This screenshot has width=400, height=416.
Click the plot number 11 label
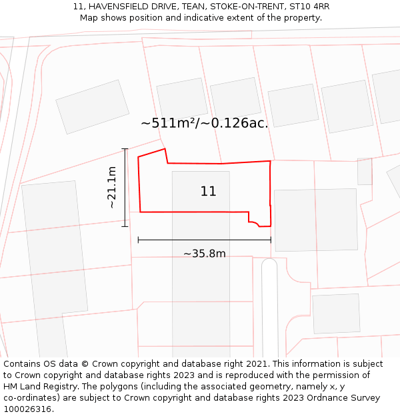tap(208, 192)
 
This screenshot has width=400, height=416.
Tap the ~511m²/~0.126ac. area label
tap(204, 123)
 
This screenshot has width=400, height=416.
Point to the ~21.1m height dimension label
tap(112, 188)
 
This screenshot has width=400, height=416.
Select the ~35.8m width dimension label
tap(204, 254)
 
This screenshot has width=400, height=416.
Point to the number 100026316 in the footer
tap(26, 409)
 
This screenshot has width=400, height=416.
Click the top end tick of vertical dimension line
tap(125, 149)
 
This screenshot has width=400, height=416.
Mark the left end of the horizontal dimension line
tap(138, 240)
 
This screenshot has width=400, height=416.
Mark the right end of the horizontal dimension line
tap(271, 240)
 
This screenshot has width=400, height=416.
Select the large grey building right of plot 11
tap(315, 220)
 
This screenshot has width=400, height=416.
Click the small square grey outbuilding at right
tap(365, 171)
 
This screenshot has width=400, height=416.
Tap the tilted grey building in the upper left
tap(93, 106)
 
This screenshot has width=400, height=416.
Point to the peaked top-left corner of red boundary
tap(165, 149)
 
